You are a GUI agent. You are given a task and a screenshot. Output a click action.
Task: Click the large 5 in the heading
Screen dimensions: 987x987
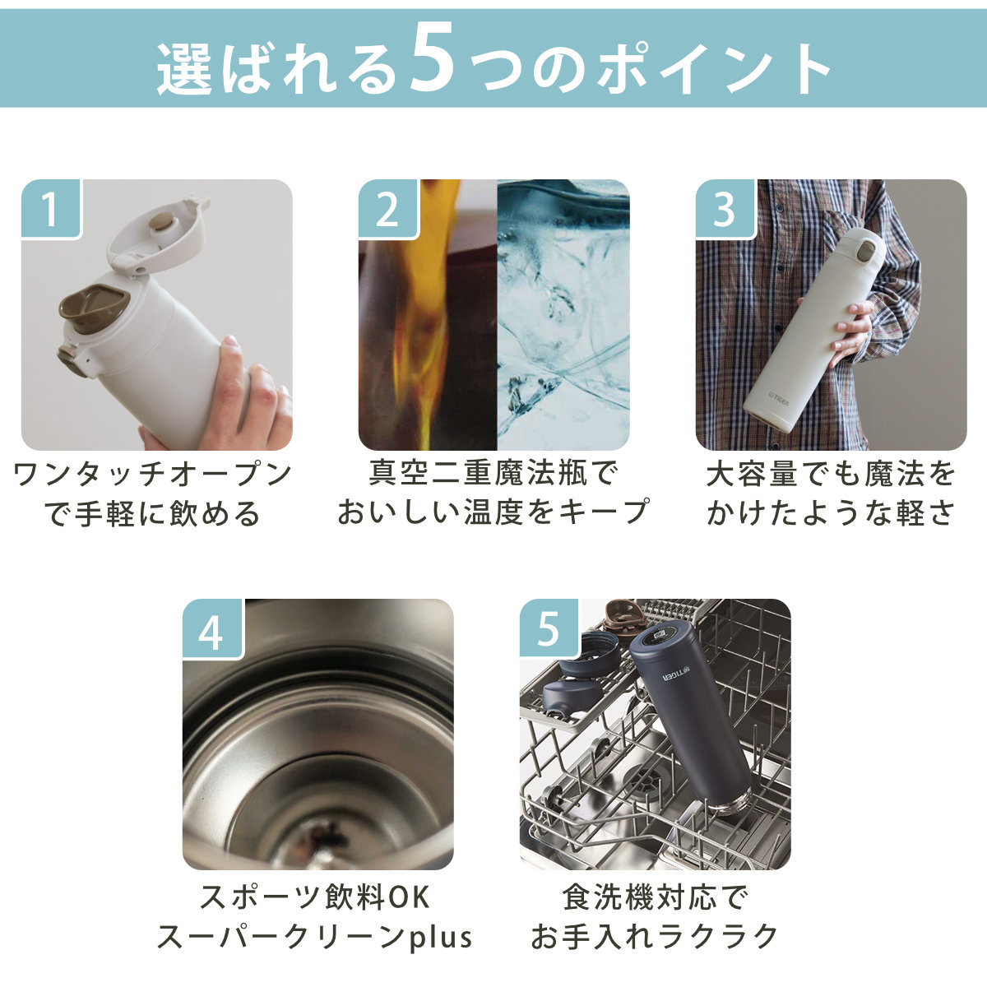433,58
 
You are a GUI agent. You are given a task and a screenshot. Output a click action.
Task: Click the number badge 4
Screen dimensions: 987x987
212,628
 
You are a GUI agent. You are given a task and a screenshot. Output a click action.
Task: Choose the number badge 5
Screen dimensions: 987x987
549,628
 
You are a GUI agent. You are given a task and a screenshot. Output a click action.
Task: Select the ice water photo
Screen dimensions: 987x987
563,314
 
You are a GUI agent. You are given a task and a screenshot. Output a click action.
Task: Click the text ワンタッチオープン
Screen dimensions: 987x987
153,475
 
